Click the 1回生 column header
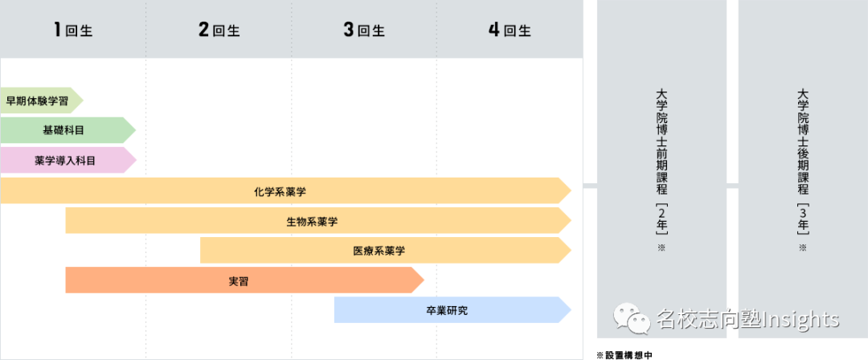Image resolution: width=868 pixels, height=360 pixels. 73,31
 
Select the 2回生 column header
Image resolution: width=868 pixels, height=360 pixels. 219,31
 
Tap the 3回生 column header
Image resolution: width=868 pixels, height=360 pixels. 364,31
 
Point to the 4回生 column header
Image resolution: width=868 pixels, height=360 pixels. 510,31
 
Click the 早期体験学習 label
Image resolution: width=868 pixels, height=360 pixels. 36,100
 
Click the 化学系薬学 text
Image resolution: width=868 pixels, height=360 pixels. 279,191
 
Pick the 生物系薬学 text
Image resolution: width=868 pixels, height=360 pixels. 312,221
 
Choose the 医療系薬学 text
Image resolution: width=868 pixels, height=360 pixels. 379,251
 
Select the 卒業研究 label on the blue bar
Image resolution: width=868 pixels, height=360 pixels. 447,310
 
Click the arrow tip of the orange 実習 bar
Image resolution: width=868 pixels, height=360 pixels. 420,280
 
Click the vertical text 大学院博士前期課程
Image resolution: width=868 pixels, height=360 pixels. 661,141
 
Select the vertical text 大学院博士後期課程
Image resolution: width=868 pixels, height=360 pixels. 802,141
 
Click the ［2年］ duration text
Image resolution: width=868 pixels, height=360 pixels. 661,219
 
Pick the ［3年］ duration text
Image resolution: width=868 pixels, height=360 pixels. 802,219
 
